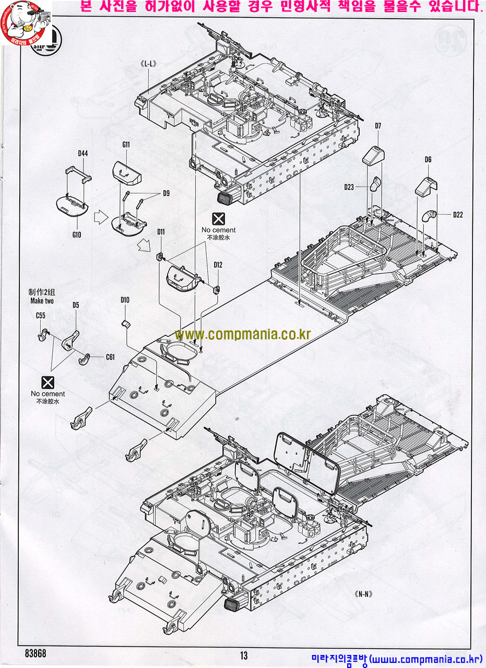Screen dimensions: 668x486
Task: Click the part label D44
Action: coord(82,153)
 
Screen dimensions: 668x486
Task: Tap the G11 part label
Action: coord(126,144)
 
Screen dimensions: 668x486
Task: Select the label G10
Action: coord(77,234)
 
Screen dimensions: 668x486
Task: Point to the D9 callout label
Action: coord(166,193)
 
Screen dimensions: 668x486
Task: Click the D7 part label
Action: coord(378,126)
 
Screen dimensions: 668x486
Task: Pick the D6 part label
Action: coord(428,160)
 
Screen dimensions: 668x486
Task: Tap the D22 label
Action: coord(458,214)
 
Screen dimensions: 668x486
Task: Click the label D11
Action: coord(161,232)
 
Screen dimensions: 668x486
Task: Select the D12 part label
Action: coord(218,265)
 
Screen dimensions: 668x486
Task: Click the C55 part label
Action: coord(40,315)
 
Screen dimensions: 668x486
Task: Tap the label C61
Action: coord(110,357)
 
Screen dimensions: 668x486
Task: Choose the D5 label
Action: coord(76,305)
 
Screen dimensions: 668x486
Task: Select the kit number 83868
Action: coord(35,654)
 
